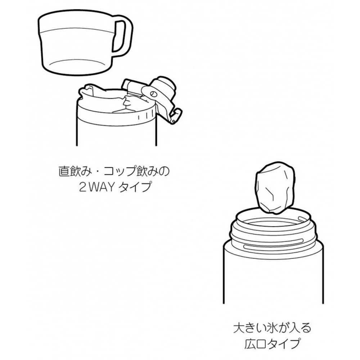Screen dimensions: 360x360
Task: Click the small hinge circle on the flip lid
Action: pos(153,94)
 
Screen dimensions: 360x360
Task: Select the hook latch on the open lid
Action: pos(175,116)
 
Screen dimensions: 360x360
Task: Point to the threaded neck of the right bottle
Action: pos(274,234)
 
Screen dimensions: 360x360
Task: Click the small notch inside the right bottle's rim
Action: pos(302,218)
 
